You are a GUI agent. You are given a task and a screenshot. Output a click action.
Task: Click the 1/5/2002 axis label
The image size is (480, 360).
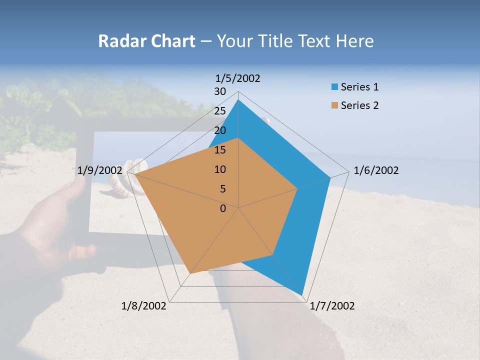click(x=238, y=78)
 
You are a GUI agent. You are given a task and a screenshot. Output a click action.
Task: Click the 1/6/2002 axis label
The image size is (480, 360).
click(x=376, y=170)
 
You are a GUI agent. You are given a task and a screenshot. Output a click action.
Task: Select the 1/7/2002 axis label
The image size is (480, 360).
click(x=332, y=306)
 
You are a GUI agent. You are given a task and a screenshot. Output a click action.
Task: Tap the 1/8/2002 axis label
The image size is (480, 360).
click(x=144, y=306)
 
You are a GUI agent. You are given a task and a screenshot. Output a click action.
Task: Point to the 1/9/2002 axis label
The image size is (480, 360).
click(x=100, y=170)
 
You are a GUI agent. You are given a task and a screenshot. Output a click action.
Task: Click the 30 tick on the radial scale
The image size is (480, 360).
click(x=220, y=91)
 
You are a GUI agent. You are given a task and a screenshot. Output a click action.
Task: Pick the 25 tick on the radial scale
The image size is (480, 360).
click(x=220, y=111)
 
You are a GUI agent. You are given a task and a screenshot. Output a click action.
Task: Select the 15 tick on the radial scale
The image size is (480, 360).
click(x=220, y=150)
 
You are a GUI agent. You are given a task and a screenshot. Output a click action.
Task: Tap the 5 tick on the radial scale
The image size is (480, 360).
click(x=222, y=189)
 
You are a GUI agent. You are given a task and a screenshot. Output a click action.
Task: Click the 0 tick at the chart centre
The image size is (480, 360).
click(x=223, y=208)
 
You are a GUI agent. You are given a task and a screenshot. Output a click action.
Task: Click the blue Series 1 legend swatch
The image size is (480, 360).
click(x=334, y=87)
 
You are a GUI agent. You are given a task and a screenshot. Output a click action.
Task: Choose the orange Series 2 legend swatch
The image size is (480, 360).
click(x=334, y=105)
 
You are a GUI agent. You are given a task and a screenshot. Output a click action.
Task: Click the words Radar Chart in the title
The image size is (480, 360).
click(x=146, y=41)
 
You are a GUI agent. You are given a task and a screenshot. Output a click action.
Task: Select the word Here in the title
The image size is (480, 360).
click(x=355, y=41)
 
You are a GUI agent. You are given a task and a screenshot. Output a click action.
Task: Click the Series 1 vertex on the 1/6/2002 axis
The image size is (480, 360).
click(x=330, y=177)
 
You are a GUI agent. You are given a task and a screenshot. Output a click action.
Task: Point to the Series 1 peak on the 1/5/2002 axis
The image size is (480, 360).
click(x=238, y=99)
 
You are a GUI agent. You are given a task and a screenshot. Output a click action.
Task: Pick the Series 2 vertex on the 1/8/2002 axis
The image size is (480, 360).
click(x=190, y=273)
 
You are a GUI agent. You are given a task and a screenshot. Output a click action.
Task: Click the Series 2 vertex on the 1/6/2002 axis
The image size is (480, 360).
click(x=297, y=188)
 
